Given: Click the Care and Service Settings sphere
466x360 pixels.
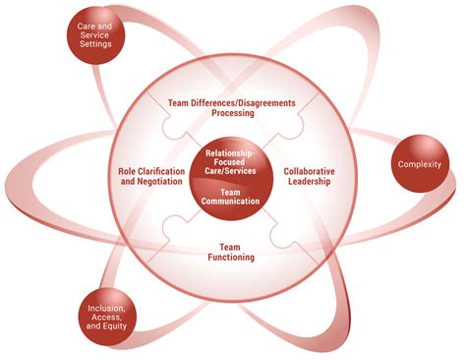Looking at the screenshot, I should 104,35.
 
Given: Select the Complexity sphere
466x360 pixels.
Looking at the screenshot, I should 419,163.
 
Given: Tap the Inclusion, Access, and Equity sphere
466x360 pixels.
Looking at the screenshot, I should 107,317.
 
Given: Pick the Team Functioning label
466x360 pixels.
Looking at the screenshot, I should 233,251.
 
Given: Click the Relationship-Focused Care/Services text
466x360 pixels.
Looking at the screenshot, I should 233,161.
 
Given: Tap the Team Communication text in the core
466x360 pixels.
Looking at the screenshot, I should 233,196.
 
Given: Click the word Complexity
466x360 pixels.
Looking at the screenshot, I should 419,163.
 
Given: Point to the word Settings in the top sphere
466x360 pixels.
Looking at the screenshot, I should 104,43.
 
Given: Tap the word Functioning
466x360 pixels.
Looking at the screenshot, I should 233,257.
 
